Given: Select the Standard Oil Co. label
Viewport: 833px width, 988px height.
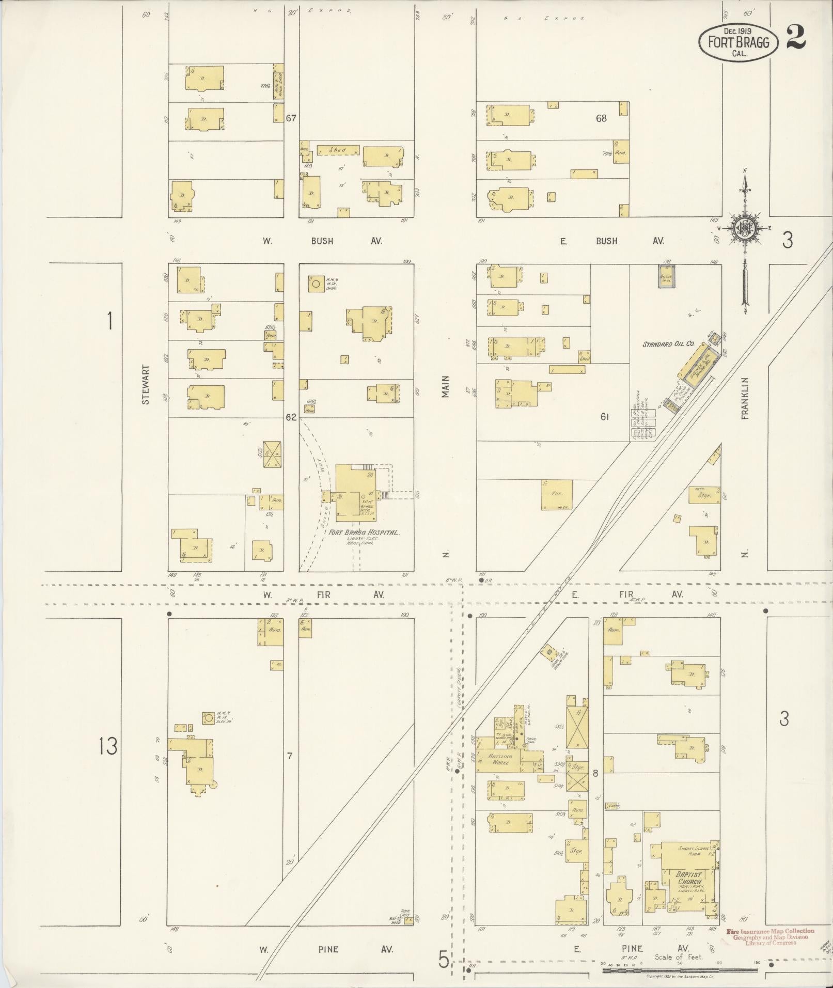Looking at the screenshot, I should point(668,343).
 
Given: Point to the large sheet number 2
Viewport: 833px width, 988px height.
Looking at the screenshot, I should point(796,38).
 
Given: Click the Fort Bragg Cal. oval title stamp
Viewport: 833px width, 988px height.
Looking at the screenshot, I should point(737,42).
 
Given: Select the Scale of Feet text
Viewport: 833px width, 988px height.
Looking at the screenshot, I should point(679,956).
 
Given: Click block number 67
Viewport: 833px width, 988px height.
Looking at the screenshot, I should point(291,118).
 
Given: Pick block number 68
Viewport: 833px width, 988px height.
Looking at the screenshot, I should point(601,118).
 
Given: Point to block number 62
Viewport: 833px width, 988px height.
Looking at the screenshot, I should point(291,417).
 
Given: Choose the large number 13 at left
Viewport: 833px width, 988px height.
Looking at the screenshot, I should point(108,746).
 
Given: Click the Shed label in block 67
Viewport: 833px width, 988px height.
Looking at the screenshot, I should point(338,150).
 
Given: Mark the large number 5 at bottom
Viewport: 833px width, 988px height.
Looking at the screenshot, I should point(444,959).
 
